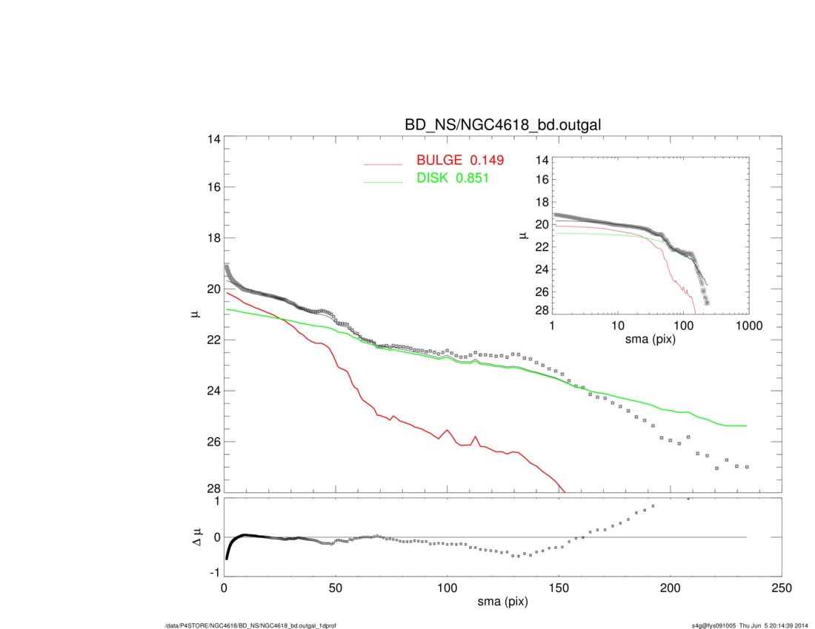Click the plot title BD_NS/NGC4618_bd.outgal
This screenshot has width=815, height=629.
coord(502,125)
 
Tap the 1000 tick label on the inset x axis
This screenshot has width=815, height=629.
coord(748,326)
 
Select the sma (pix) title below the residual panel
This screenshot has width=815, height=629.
coord(502,602)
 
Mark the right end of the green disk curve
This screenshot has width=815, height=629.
coord(746,425)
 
